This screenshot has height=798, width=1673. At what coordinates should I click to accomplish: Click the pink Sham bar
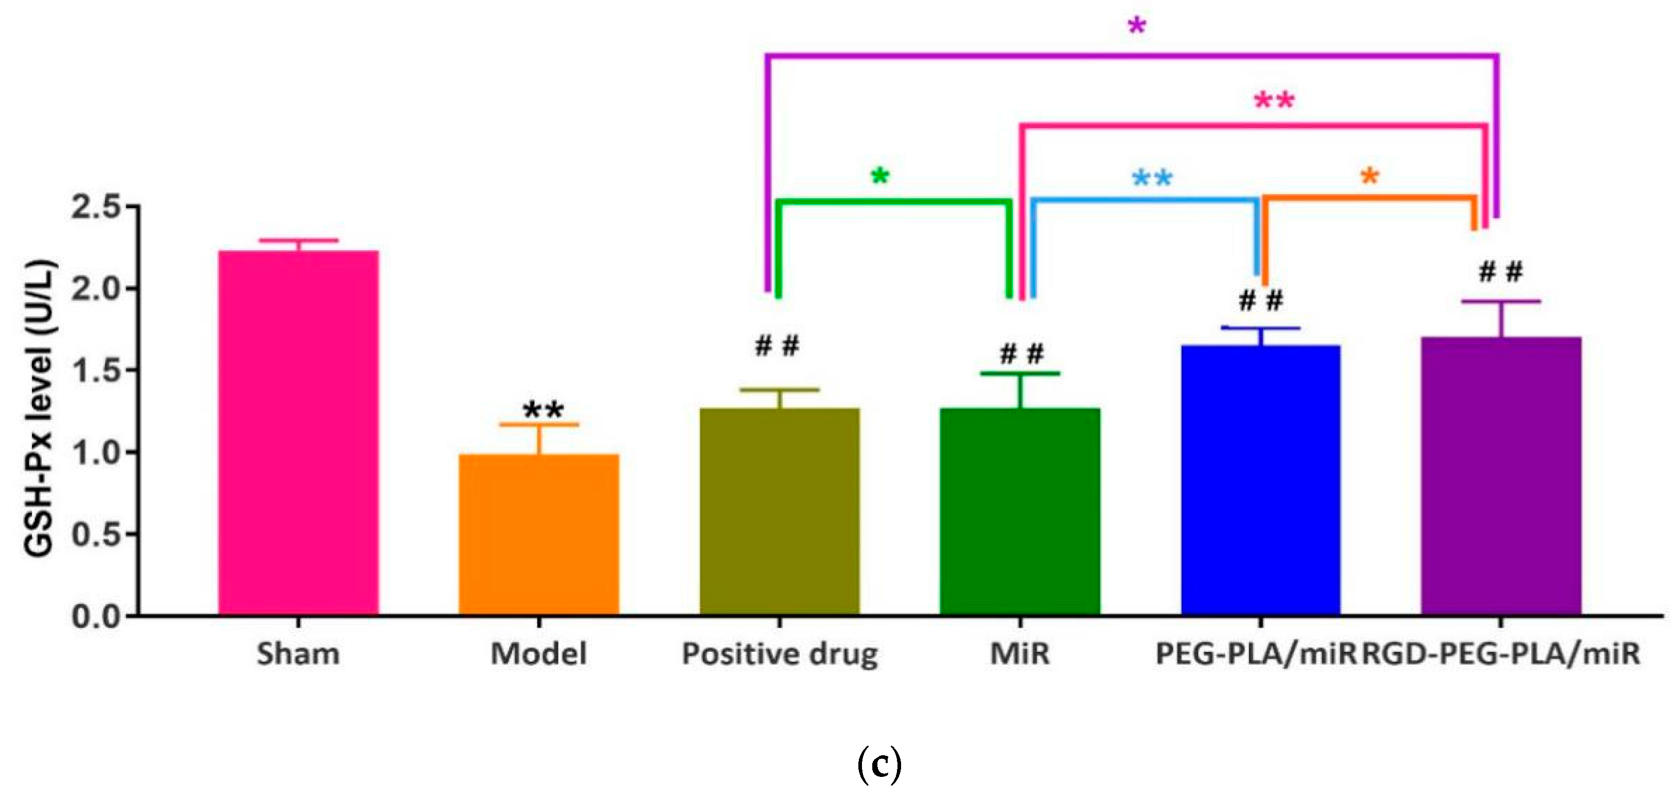point(298,432)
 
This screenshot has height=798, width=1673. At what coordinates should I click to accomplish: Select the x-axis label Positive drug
point(779,654)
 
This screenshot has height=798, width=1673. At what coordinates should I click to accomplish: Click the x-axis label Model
point(538,654)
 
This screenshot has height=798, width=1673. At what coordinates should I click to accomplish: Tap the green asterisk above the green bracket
point(880,176)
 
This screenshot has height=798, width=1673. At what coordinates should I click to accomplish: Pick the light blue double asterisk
point(1152,178)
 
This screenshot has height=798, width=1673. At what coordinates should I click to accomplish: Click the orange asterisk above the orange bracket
point(1369,176)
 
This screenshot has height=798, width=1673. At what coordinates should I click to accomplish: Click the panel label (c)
point(879,766)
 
